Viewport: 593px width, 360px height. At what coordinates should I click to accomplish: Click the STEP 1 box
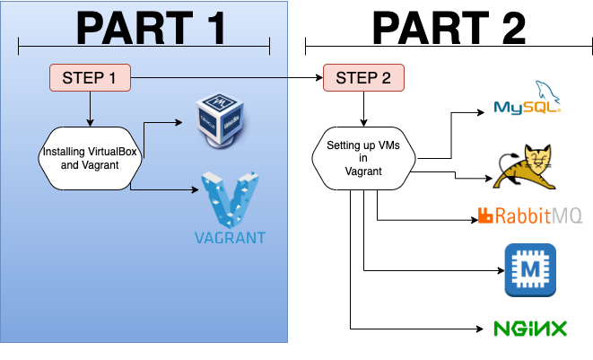pyautogui.click(x=90, y=78)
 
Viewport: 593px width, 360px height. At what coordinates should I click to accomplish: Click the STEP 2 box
pyautogui.click(x=363, y=78)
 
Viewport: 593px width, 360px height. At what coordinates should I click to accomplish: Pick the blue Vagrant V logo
pyautogui.click(x=229, y=198)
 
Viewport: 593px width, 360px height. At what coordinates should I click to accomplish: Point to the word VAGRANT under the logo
pyautogui.click(x=230, y=239)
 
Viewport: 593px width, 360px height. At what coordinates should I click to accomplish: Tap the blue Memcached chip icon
pyautogui.click(x=529, y=269)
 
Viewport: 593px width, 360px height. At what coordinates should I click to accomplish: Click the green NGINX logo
pyautogui.click(x=530, y=329)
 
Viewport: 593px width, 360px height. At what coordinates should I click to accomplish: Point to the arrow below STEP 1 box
pyautogui.click(x=90, y=108)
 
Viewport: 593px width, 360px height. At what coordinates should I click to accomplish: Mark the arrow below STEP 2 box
pyautogui.click(x=363, y=109)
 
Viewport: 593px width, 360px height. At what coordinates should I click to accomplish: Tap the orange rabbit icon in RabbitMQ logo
pyautogui.click(x=485, y=215)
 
